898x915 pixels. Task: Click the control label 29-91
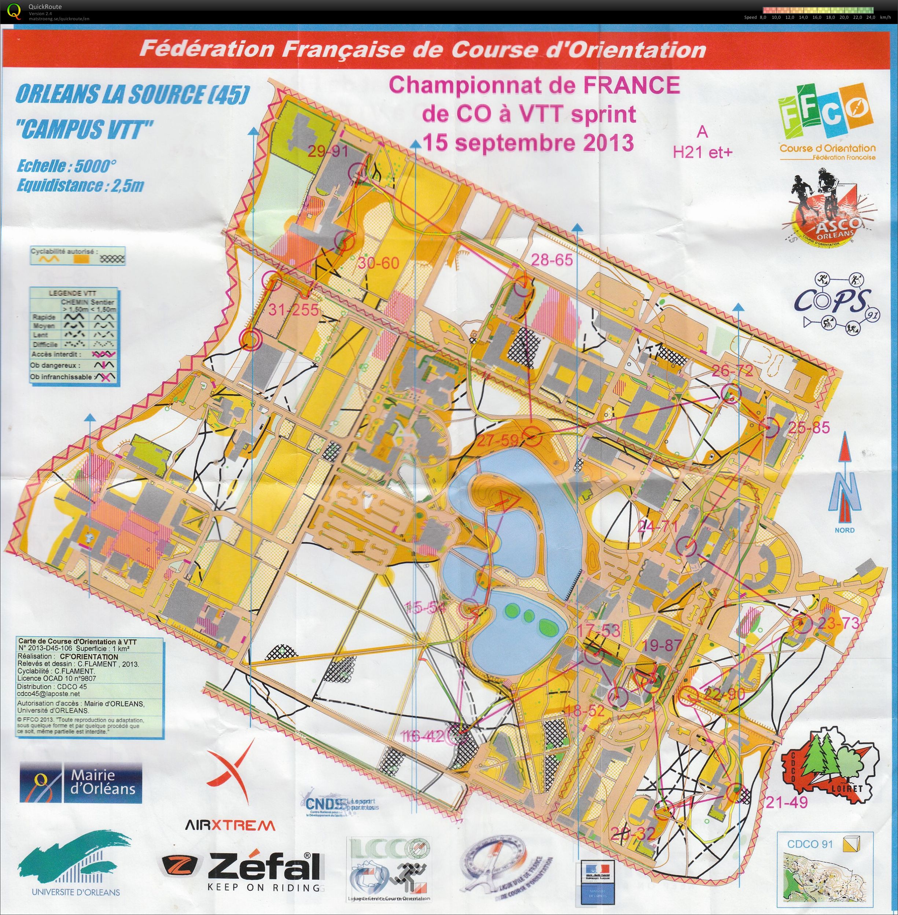tap(328, 151)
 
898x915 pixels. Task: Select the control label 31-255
tap(294, 309)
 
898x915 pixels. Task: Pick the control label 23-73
tap(839, 623)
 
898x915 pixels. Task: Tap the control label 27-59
tap(498, 441)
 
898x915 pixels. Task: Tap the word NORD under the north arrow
tap(844, 530)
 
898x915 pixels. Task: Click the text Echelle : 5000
tap(66, 166)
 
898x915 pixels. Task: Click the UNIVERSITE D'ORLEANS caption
tap(76, 892)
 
